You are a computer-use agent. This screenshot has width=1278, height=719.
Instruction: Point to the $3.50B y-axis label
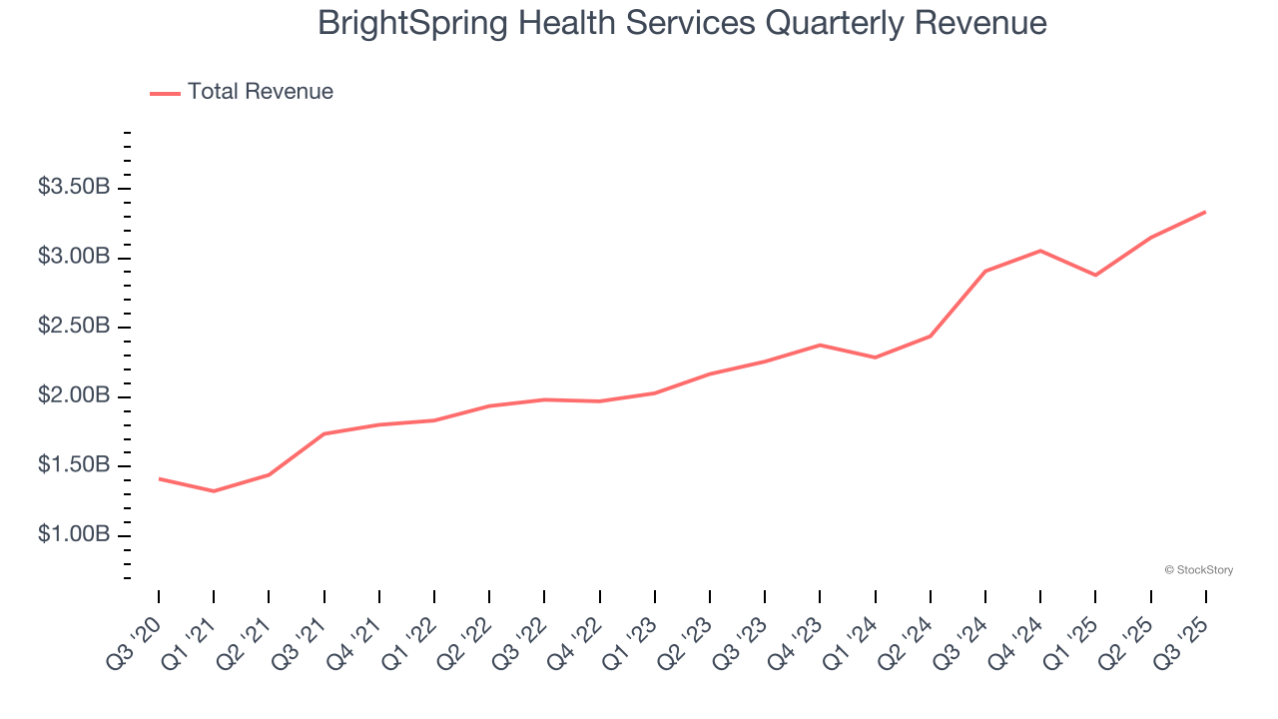(74, 188)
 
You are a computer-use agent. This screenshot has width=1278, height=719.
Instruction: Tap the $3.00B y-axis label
(74, 258)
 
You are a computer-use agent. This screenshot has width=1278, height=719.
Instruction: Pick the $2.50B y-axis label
(74, 327)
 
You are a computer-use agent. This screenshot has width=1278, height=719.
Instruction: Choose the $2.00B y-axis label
(74, 396)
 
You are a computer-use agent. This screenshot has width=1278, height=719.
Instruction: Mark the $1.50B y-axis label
(74, 465)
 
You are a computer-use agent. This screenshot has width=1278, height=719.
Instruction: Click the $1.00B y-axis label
(74, 535)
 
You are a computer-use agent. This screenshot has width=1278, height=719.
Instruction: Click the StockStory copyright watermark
(1199, 570)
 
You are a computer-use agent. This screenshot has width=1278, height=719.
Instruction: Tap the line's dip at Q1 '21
(214, 491)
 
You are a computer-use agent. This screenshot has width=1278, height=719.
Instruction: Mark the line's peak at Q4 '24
(1040, 251)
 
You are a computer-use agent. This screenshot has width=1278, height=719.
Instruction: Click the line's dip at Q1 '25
(1095, 275)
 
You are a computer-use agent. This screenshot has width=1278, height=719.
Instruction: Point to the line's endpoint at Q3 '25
(1205, 212)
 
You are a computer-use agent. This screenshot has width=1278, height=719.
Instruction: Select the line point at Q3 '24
(985, 271)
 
